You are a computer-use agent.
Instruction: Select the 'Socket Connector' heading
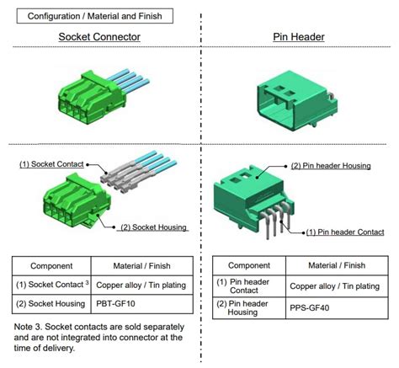[x=99, y=38]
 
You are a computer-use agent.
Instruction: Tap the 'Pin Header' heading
[x=301, y=38]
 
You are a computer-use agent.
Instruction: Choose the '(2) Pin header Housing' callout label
[x=331, y=166]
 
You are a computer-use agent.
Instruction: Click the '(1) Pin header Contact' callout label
[x=346, y=232]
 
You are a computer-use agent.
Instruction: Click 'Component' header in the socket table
[x=51, y=264]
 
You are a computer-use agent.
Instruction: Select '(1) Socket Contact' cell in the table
[x=51, y=284]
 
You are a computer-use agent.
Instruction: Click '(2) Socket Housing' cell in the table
[x=51, y=302]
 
